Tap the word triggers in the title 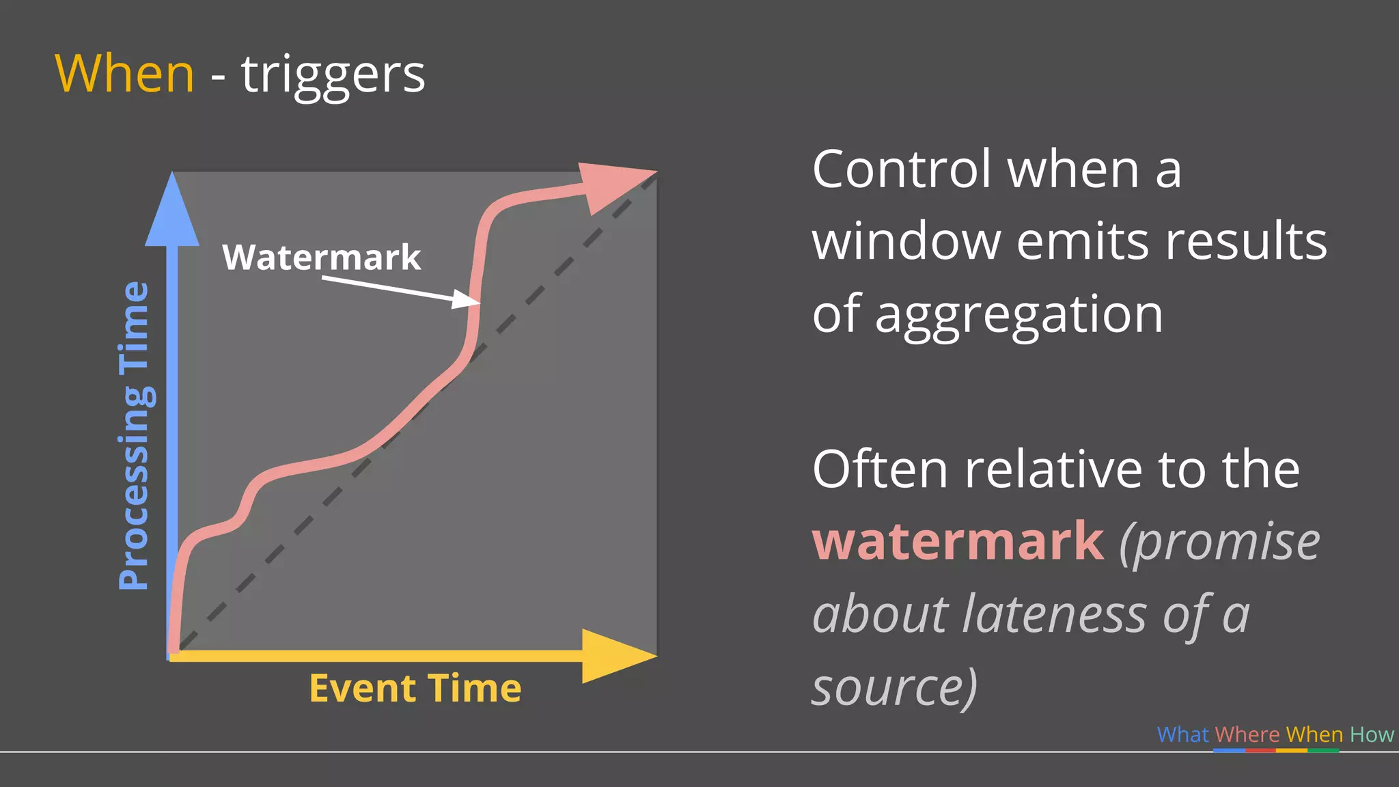point(333,75)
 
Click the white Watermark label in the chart point(321,258)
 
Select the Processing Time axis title point(133,435)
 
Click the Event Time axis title point(415,688)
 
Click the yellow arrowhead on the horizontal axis point(615,656)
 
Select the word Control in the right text point(901,169)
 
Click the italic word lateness point(1055,614)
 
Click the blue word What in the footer point(1182,734)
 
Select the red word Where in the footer point(1247,734)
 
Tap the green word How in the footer point(1372,734)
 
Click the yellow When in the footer point(1314,734)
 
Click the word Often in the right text point(881,469)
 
